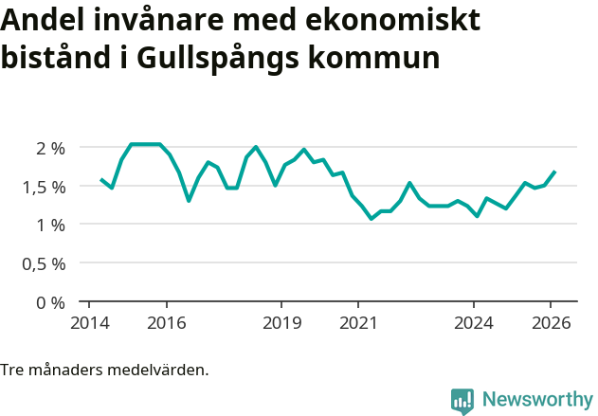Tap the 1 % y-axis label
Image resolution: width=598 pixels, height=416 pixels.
coord(50,226)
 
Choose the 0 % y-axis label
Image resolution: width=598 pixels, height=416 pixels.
coord(50,303)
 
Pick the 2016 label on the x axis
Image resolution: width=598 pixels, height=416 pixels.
coord(167,323)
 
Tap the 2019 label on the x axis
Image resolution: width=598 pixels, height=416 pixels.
coord(281,323)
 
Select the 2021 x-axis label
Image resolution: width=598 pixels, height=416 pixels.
coord(358,323)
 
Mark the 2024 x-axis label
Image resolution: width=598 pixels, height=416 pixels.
coord(474,323)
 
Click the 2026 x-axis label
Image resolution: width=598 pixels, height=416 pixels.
coord(551,323)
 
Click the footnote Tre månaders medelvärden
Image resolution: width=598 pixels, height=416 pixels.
coord(104,370)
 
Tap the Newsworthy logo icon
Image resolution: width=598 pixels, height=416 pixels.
coord(462,401)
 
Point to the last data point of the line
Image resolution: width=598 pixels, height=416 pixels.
coord(554,172)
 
